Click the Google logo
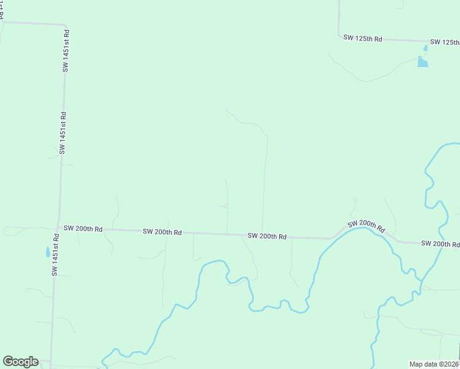click(x=20, y=362)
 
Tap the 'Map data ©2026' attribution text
click(x=434, y=364)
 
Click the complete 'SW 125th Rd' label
click(x=363, y=38)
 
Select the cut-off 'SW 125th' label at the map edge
click(x=445, y=42)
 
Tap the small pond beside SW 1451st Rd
click(x=48, y=252)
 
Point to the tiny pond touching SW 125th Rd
click(x=426, y=47)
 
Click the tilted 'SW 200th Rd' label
click(x=366, y=226)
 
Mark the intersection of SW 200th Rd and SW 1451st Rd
click(x=57, y=227)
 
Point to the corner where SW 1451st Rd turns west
click(x=65, y=25)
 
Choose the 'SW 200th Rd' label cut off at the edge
click(x=440, y=244)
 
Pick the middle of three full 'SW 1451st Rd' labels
click(x=62, y=133)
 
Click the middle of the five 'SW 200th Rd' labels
click(x=267, y=236)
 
